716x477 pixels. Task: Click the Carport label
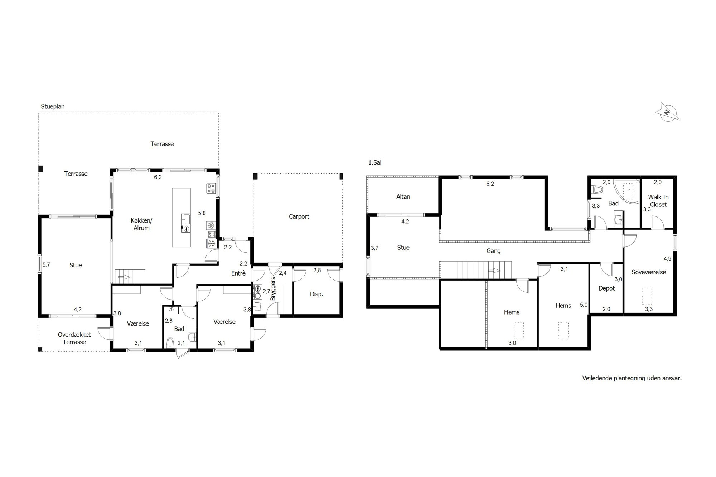(299, 216)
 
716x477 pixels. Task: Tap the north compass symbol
(667, 112)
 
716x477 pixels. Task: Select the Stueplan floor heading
(53, 107)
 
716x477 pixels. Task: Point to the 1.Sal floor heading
(375, 162)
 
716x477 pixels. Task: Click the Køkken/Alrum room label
(141, 224)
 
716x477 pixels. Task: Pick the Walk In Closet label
(658, 201)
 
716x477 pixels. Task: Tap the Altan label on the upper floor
(403, 196)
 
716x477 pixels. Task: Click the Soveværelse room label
(649, 272)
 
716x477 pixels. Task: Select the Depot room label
(606, 288)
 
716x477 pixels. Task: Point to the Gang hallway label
(493, 251)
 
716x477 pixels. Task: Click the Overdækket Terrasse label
(74, 338)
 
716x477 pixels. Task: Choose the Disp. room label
(316, 294)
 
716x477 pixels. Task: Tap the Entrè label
(238, 273)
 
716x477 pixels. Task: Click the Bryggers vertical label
(273, 288)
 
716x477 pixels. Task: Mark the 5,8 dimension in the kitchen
(202, 213)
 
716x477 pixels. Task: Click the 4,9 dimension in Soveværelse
(667, 259)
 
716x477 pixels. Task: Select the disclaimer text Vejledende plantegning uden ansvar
(632, 378)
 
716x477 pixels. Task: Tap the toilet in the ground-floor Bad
(170, 342)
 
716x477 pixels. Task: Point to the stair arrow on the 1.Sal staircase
(495, 271)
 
